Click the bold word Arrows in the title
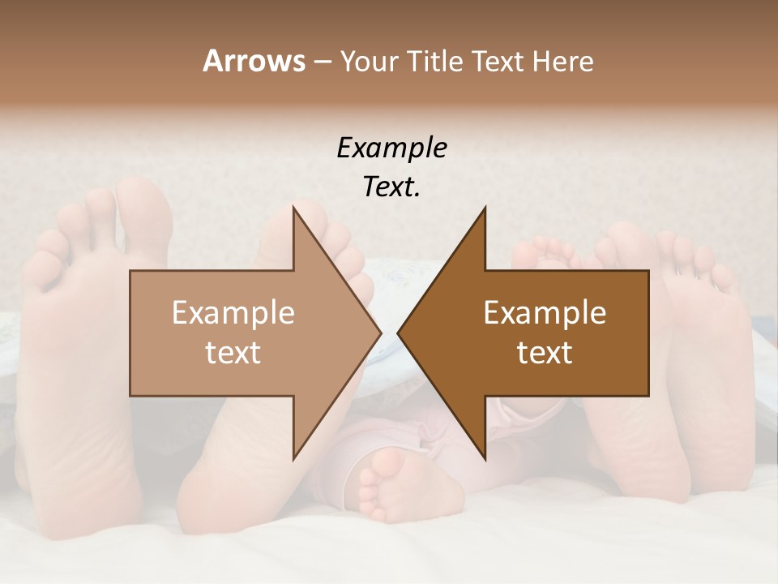point(254,61)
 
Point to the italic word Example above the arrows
point(391,148)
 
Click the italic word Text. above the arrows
point(391,187)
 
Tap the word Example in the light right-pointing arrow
point(233,312)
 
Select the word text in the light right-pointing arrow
point(233,353)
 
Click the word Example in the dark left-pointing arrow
point(545,312)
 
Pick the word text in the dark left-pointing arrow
point(545,353)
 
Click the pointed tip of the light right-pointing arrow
point(380,333)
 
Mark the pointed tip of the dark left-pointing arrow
point(399,333)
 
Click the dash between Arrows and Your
point(322,62)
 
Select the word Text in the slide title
point(498,61)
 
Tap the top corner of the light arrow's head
point(293,207)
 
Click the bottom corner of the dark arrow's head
point(485,459)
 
